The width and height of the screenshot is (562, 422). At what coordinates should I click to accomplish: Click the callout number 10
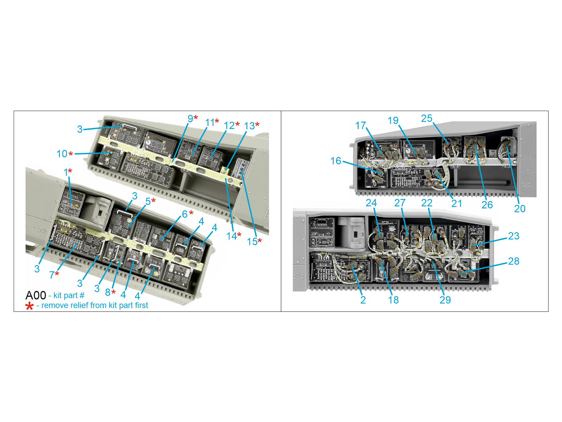click(62, 154)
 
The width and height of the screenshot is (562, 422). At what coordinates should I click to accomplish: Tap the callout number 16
click(336, 161)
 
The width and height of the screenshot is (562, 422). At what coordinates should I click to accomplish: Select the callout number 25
click(426, 119)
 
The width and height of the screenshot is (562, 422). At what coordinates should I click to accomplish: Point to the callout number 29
click(445, 300)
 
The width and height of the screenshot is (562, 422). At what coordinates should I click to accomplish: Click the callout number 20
click(520, 209)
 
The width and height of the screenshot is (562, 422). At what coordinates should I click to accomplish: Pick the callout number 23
click(514, 236)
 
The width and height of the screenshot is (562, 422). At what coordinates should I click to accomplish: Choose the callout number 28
click(514, 261)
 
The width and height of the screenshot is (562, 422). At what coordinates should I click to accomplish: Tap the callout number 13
click(249, 126)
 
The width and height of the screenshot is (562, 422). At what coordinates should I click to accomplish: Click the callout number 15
click(252, 241)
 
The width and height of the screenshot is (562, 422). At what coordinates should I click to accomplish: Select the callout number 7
click(52, 275)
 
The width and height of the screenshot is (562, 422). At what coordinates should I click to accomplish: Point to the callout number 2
click(363, 300)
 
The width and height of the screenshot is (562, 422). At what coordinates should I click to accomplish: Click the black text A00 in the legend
click(35, 295)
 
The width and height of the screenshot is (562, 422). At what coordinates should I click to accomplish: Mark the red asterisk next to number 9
click(196, 117)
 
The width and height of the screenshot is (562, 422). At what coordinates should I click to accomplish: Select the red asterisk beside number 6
click(191, 212)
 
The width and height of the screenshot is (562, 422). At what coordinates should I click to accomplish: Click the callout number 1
click(66, 172)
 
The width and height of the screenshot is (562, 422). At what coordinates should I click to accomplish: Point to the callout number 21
click(457, 204)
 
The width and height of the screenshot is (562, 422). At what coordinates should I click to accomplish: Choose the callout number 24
click(371, 203)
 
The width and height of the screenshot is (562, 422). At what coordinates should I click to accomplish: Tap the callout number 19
click(393, 120)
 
